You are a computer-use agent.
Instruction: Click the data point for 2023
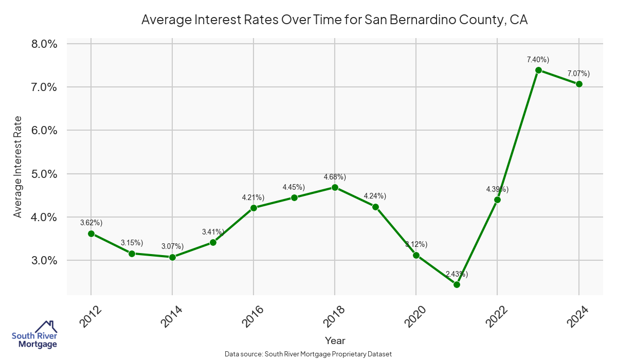[538, 70]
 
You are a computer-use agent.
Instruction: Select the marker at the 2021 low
[457, 284]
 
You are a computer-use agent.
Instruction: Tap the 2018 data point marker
[335, 187]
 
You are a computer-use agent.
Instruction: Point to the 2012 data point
[91, 233]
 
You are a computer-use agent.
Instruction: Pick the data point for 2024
[579, 84]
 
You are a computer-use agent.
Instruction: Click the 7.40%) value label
[538, 60]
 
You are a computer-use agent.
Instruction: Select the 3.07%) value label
[172, 247]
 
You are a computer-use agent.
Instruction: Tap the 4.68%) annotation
[335, 177]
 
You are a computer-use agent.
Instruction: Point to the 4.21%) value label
[253, 197]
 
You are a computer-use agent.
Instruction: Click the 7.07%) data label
[578, 74]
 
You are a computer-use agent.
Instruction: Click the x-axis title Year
[335, 340]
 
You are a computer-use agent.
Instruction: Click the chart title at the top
[335, 20]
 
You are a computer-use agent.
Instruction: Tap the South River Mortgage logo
[34, 335]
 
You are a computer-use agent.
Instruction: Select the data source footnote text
[308, 354]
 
